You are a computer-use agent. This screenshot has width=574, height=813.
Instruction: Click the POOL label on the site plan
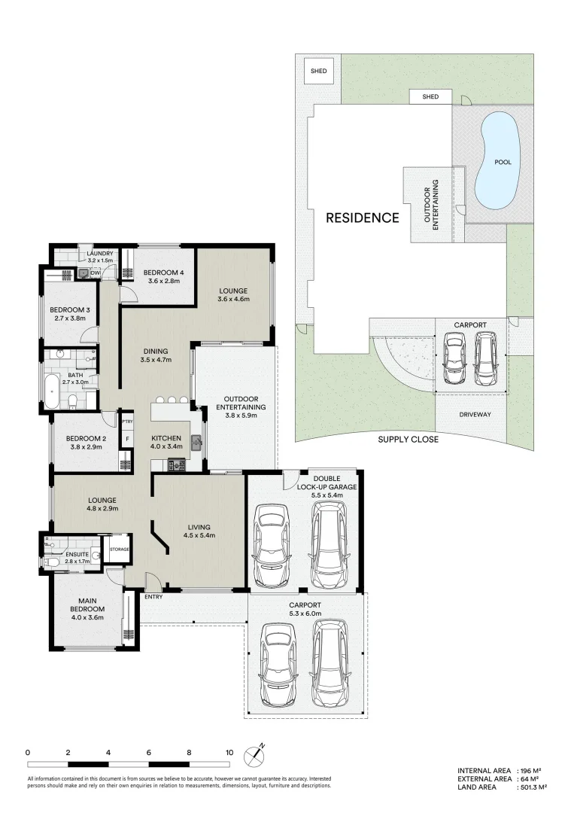pos(503,162)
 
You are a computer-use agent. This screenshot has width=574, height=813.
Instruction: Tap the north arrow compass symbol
pos(260,751)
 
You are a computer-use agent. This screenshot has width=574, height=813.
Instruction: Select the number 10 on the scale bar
pos(229,752)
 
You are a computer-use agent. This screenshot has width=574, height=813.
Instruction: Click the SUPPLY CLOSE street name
pos(408,439)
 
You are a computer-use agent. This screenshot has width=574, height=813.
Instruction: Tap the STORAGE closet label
pos(120,550)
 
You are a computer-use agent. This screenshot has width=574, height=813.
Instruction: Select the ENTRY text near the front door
pos(153,597)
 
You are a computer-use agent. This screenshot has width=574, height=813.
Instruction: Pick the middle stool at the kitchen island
pos(172,400)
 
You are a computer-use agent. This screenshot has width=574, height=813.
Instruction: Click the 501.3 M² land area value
pos(532,787)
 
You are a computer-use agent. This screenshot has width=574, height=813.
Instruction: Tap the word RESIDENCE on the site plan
pos(362,218)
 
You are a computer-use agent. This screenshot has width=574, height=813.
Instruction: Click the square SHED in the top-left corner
pos(318,72)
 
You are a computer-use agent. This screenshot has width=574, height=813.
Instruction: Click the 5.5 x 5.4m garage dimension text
pos(327,495)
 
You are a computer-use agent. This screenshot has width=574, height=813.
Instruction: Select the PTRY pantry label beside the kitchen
pos(128,422)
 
